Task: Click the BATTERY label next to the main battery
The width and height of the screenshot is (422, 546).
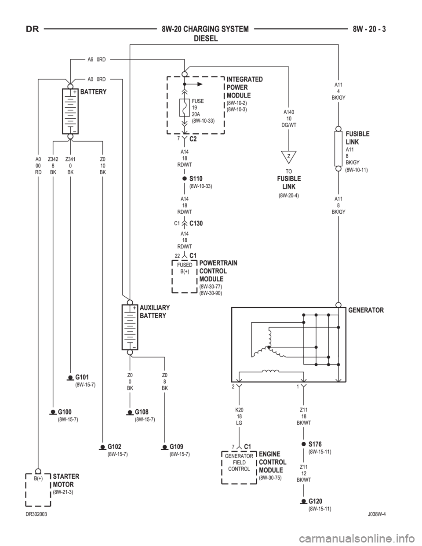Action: click(x=93, y=93)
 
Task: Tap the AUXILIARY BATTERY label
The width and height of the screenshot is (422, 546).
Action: click(x=154, y=312)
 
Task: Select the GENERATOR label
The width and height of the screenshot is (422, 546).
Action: click(x=366, y=310)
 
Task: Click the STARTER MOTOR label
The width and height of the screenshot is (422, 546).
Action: click(x=66, y=480)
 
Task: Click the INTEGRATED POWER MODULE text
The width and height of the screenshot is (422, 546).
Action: click(x=244, y=87)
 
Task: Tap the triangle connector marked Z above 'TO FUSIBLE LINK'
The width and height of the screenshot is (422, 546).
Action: click(x=288, y=156)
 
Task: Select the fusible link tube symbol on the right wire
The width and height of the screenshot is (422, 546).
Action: click(x=339, y=148)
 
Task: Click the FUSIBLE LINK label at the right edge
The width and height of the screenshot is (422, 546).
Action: click(x=357, y=138)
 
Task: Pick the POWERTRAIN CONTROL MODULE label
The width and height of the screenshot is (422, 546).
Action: click(x=218, y=271)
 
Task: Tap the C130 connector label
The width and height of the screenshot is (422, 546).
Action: click(x=196, y=223)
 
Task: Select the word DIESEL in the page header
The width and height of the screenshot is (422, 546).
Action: click(x=206, y=38)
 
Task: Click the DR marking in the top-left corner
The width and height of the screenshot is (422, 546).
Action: click(x=32, y=30)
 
